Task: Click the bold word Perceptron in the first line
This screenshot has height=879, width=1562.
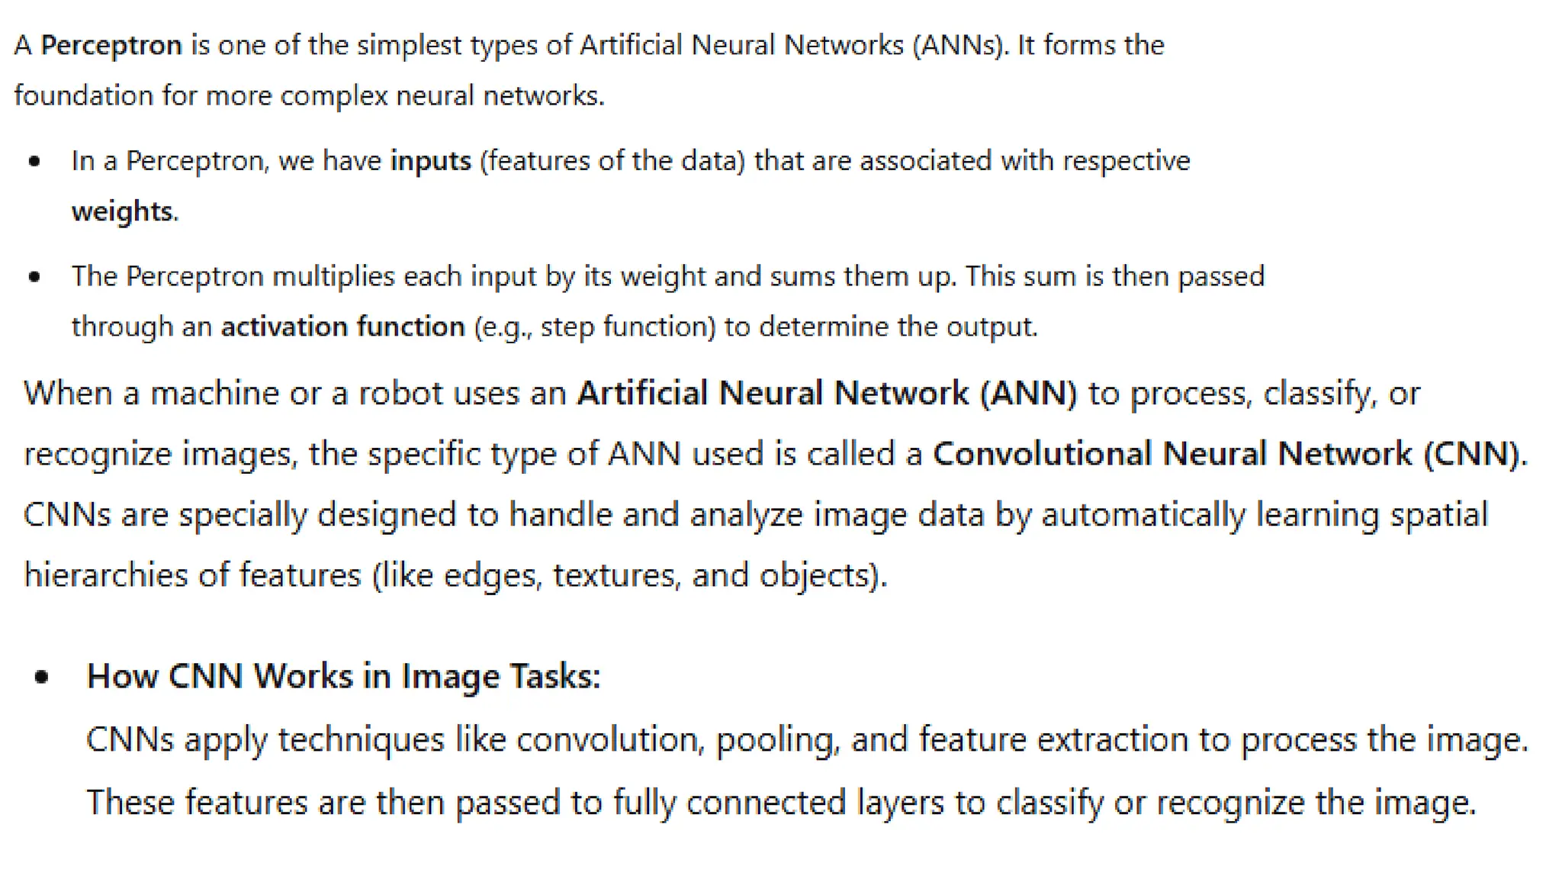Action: (111, 46)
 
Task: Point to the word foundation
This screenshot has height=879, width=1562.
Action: (84, 96)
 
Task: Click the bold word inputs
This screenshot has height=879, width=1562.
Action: (431, 161)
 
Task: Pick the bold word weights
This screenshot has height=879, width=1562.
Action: (123, 211)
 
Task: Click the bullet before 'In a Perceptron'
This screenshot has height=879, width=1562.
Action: (34, 161)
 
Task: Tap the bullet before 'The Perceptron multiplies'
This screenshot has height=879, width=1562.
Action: (34, 276)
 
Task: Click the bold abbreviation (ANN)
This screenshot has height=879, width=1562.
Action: (1029, 394)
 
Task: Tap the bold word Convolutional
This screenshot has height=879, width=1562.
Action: (1043, 454)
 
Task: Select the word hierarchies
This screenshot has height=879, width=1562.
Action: (106, 575)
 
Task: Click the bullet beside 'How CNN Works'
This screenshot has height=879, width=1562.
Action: (42, 676)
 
